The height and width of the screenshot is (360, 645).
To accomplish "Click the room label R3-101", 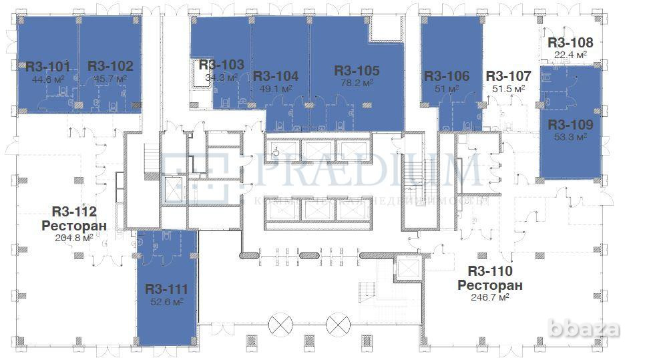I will pyautogui.click(x=47, y=66).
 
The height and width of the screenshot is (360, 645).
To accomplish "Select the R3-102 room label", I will pyautogui.click(x=110, y=66).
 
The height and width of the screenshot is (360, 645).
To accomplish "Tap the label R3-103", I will pyautogui.click(x=221, y=65).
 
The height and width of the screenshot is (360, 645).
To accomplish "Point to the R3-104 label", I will pyautogui.click(x=276, y=76).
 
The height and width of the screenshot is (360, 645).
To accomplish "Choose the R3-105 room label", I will pyautogui.click(x=357, y=70).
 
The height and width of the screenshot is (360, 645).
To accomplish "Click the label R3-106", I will pyautogui.click(x=447, y=76).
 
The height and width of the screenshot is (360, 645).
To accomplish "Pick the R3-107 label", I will pyautogui.click(x=508, y=76).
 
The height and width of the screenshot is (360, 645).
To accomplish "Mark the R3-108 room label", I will pyautogui.click(x=570, y=42).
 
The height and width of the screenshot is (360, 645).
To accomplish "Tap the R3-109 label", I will pyautogui.click(x=570, y=124).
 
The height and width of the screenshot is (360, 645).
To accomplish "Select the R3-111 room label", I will pyautogui.click(x=167, y=289).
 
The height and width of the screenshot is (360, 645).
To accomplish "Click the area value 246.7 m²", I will pyautogui.click(x=490, y=297).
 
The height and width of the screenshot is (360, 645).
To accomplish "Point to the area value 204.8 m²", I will pyautogui.click(x=74, y=238).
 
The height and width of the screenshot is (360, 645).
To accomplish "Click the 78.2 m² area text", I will pyautogui.click(x=357, y=83).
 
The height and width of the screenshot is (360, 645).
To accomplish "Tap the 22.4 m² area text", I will pyautogui.click(x=570, y=54).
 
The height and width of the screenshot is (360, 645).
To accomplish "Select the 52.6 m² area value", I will pyautogui.click(x=167, y=301).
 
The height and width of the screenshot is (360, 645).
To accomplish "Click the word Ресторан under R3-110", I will pyautogui.click(x=490, y=285).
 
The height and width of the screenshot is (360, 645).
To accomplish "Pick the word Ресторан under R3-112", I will pyautogui.click(x=74, y=226).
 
